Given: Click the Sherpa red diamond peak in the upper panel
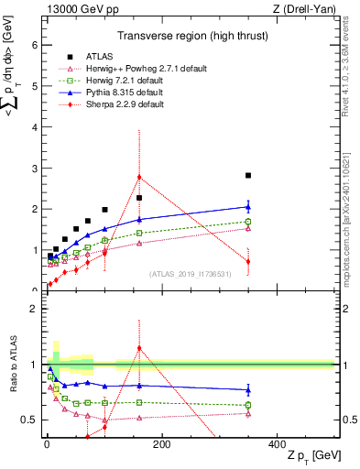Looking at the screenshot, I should pos(139,177).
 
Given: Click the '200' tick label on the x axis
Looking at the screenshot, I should pos(162,444).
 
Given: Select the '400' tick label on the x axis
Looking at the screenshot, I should pos(277,444).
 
